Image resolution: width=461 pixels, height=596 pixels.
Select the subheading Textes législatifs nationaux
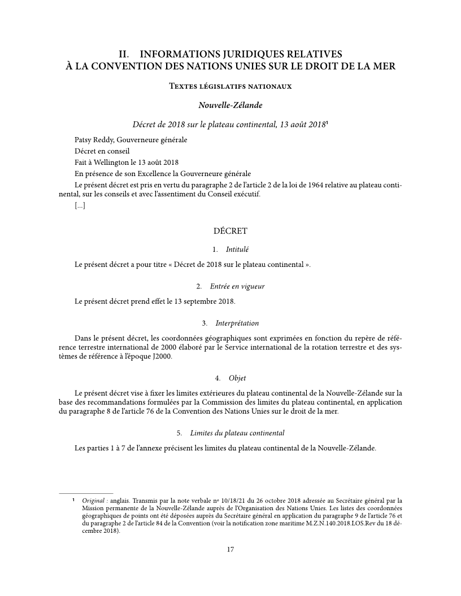pos(230,86)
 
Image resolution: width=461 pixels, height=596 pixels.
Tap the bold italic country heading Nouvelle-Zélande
pos(230,105)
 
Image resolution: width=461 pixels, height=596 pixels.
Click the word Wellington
pos(113,163)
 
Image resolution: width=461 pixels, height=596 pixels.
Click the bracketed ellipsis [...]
pos(80,207)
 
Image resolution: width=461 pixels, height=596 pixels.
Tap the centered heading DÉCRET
pos(230,231)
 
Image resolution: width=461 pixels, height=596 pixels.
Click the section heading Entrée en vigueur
pos(237,286)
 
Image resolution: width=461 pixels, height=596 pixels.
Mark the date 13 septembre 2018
pos(203,301)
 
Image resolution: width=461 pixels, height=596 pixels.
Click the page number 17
pos(230,550)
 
